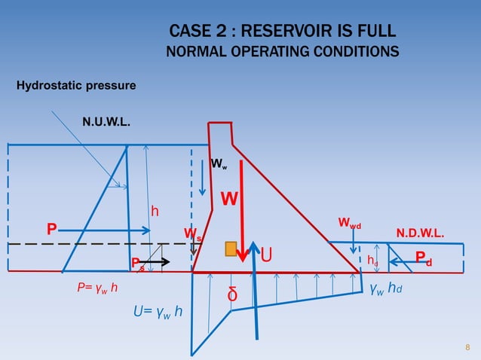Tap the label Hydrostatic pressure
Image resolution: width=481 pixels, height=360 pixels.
[76, 85]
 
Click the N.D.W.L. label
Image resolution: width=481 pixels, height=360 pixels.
[420, 233]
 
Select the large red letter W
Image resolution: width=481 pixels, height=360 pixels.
[230, 199]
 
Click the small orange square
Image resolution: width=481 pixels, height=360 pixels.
[231, 249]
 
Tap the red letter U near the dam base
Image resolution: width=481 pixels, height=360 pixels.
[266, 257]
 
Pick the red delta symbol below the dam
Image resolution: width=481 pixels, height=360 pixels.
[233, 294]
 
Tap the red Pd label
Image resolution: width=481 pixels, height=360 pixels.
[424, 259]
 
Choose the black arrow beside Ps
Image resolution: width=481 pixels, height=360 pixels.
[158, 261]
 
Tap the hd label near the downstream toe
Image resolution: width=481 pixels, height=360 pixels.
[372, 260]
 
